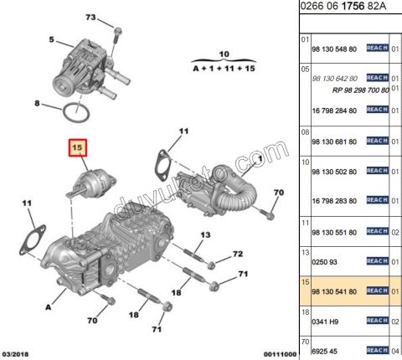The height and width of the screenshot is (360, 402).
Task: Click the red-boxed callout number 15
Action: pos(78,149)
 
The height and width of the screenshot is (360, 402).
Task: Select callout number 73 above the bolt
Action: pos(90,18)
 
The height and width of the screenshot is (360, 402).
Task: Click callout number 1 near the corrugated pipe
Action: pos(260,157)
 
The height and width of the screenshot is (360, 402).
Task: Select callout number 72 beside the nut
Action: pos(237,254)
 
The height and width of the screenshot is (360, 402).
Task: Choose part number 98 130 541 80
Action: pos(333,291)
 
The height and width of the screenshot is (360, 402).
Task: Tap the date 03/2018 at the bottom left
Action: pos(17,354)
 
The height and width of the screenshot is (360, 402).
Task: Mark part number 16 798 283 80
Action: pos(333,200)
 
